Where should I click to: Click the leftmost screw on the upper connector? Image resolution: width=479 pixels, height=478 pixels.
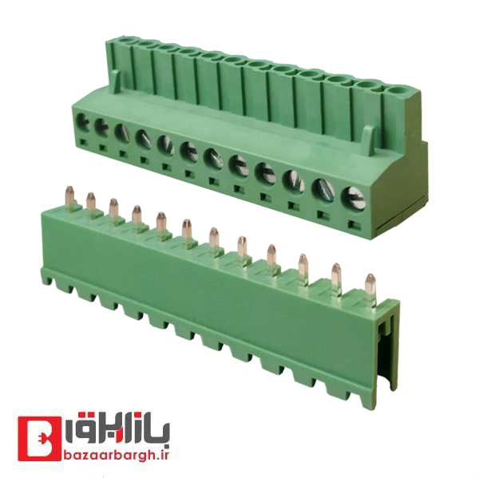pyautogui.click(x=83, y=122)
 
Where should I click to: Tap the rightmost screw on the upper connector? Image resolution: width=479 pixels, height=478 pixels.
pyautogui.click(x=352, y=198)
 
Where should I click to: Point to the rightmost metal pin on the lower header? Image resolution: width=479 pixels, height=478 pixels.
pyautogui.click(x=370, y=289)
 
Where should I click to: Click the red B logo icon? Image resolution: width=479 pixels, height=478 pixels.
pyautogui.click(x=39, y=440)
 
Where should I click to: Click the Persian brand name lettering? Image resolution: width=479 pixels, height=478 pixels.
pyautogui.click(x=118, y=428)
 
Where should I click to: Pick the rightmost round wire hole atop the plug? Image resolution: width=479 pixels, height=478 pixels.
pyautogui.click(x=397, y=90)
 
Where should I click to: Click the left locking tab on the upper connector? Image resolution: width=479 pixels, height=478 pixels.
pyautogui.click(x=113, y=82)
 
